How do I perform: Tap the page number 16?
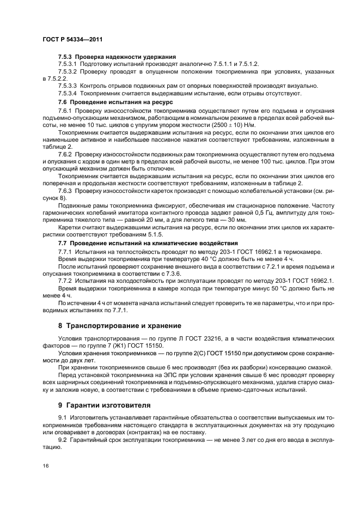pos(45,467)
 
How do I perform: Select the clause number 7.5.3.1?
pos(69,64)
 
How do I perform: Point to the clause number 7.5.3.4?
pos(69,94)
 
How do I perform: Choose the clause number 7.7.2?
pos(65,280)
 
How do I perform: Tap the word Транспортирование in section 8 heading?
pos(110,325)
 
